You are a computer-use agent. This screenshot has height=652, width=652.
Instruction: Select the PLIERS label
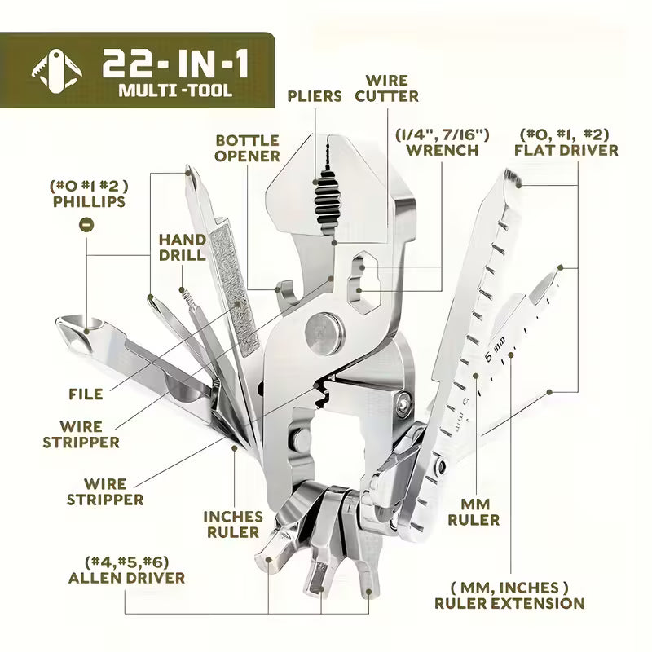coord(315,96)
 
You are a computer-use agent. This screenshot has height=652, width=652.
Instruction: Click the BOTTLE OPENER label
coord(248,148)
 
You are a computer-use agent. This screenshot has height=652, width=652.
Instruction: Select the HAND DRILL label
coord(182,247)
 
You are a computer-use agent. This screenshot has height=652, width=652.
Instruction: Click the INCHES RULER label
coord(233,524)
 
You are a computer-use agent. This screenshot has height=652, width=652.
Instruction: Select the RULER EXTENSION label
coord(509,595)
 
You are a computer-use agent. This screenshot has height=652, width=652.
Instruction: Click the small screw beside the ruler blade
coord(402,401)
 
